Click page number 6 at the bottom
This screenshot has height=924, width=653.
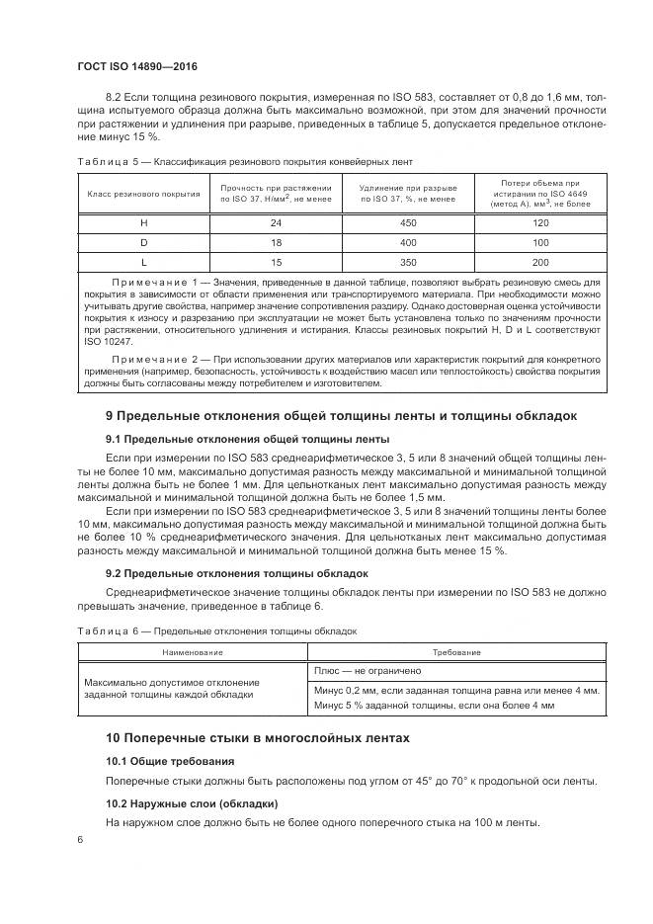[x=81, y=839]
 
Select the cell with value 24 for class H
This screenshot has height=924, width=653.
[x=276, y=223]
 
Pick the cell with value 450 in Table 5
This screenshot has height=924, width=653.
[x=407, y=223]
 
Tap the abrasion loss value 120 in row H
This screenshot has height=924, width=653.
[x=540, y=223]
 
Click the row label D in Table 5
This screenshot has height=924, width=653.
[x=144, y=242]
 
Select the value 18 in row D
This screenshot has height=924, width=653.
[x=276, y=242]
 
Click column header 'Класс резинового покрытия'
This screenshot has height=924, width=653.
[x=144, y=194]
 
